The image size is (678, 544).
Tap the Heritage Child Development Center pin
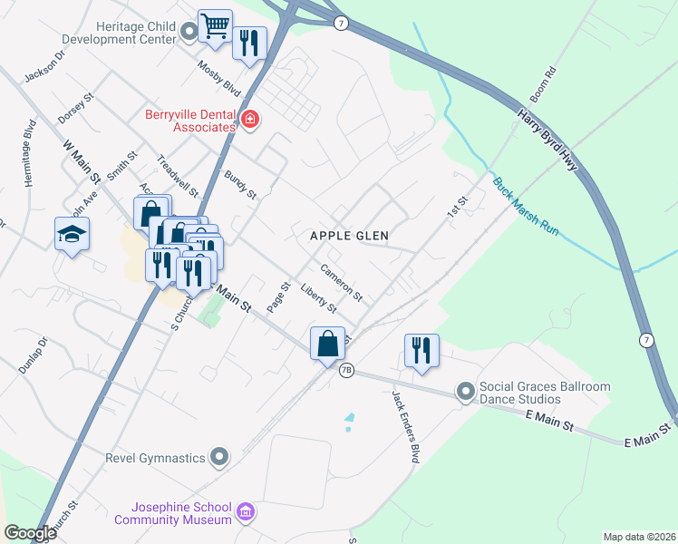189,34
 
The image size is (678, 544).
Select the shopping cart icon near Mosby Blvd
216,26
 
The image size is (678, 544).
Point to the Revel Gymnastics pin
218,458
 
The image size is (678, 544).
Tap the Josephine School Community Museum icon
245,514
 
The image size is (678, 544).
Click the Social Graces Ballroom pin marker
466,392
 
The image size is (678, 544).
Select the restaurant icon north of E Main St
421,349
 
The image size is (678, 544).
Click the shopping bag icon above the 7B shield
327,345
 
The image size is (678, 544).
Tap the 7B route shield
346,371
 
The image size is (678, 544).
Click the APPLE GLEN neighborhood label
349,236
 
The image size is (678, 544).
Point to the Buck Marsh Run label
526,207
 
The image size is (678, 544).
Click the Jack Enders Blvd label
405,427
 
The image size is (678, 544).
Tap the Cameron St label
342,283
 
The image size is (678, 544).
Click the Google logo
30,533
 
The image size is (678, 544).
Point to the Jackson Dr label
45,65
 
